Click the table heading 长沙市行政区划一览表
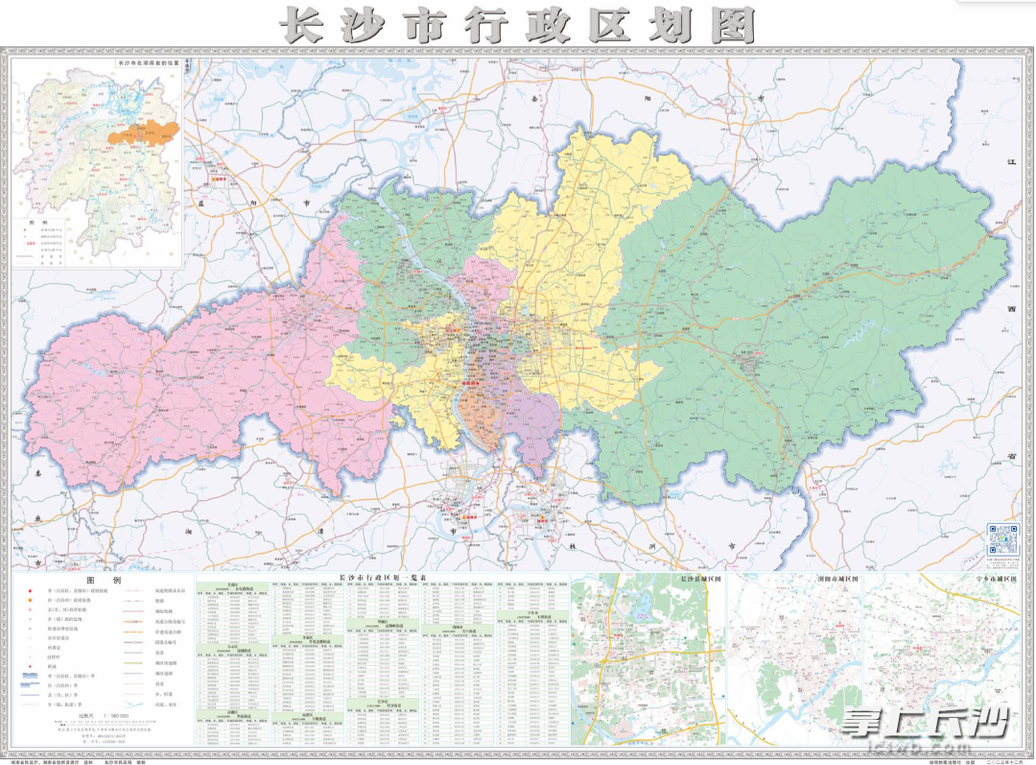pyautogui.click(x=383, y=578)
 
